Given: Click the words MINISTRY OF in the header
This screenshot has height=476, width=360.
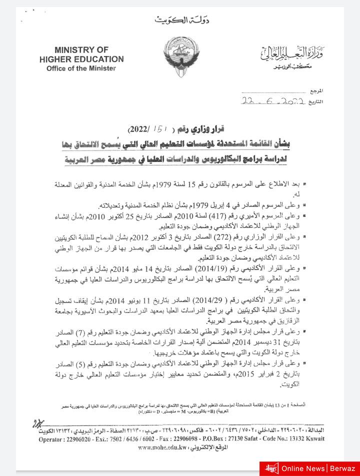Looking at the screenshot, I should (x=81, y=50).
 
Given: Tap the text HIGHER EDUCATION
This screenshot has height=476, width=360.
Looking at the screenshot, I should (x=81, y=59).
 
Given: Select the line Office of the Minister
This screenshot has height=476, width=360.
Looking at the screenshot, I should (x=81, y=68).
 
